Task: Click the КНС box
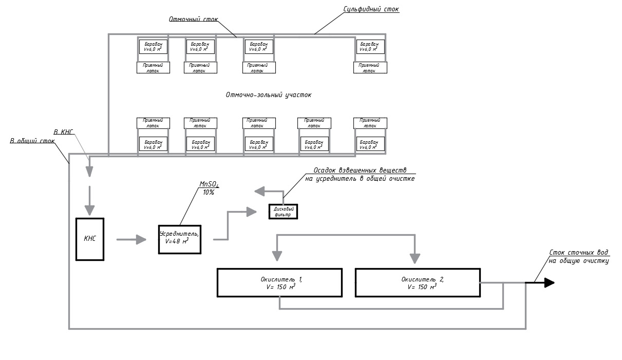pos(90,239)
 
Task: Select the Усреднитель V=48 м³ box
pos(179,239)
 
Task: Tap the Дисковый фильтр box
pos(283,212)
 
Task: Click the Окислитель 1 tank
pos(279,282)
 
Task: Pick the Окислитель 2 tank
pos(418,282)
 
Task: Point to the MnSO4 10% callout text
pos(209,188)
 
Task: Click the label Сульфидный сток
pos(371,9)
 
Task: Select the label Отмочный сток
pos(194,20)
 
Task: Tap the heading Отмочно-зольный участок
pos(269,95)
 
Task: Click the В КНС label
pos(64,132)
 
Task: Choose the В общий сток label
pos(32,141)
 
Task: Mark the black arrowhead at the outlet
pos(549,282)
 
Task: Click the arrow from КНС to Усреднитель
pos(131,239)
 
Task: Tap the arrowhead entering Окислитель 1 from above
pos(277,256)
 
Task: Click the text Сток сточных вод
pos(579,253)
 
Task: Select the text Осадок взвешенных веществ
pos(360,170)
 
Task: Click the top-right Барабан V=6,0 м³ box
pos(370,47)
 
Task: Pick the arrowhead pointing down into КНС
pos(90,210)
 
